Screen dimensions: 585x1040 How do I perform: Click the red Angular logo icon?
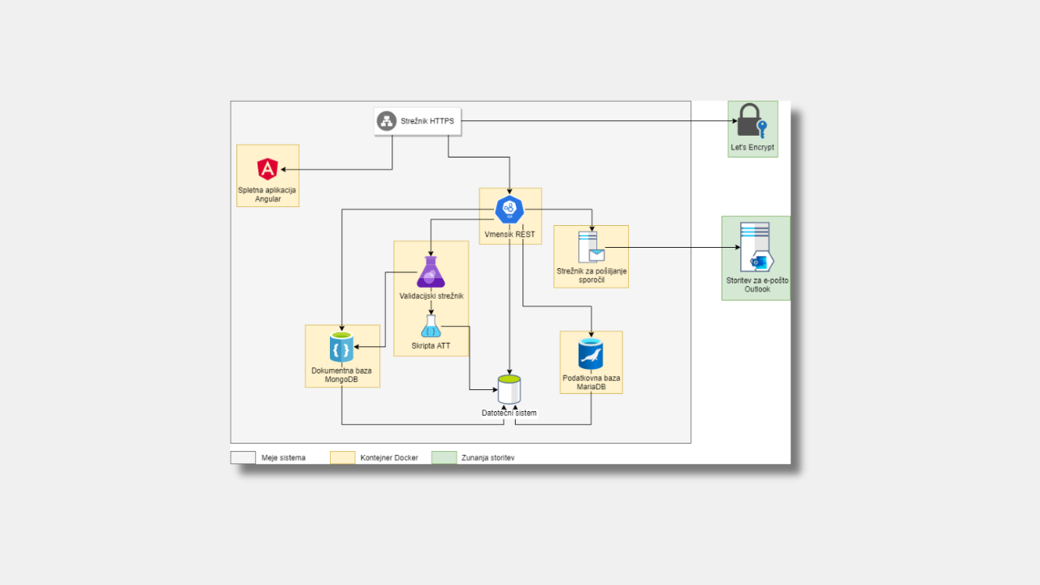(x=267, y=169)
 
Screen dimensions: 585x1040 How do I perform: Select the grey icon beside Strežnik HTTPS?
(x=387, y=122)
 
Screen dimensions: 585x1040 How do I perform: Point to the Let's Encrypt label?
(x=752, y=148)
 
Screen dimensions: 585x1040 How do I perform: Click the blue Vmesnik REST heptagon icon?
(x=509, y=210)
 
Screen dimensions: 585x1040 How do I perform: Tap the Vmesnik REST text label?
(x=509, y=234)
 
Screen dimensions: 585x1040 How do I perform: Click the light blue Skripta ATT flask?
(x=431, y=327)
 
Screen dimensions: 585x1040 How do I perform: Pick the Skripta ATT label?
(x=431, y=346)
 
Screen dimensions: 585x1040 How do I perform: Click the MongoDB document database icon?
(x=341, y=349)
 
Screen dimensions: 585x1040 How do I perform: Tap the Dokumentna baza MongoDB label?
(x=341, y=375)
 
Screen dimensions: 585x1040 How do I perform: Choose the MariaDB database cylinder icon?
(x=591, y=354)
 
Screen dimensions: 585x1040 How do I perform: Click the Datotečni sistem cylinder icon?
(x=509, y=389)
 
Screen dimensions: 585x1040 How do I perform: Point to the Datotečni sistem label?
(x=509, y=413)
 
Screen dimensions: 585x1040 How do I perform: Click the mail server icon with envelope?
(x=591, y=247)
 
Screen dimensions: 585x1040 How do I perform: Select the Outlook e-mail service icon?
(x=756, y=248)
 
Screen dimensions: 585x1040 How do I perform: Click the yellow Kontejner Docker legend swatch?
(x=342, y=457)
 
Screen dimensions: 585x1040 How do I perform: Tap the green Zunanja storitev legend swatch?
(x=444, y=457)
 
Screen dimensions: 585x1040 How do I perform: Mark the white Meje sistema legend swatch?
(x=243, y=457)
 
